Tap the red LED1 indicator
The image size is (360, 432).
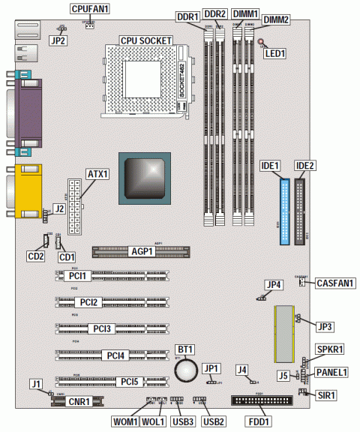(x=260, y=43)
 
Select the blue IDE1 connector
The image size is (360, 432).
(x=285, y=212)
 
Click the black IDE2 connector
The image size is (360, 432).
(x=302, y=212)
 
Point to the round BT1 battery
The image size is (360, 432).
(x=186, y=368)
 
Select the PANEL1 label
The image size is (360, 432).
(x=331, y=371)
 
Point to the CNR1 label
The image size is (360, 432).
(x=79, y=402)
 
